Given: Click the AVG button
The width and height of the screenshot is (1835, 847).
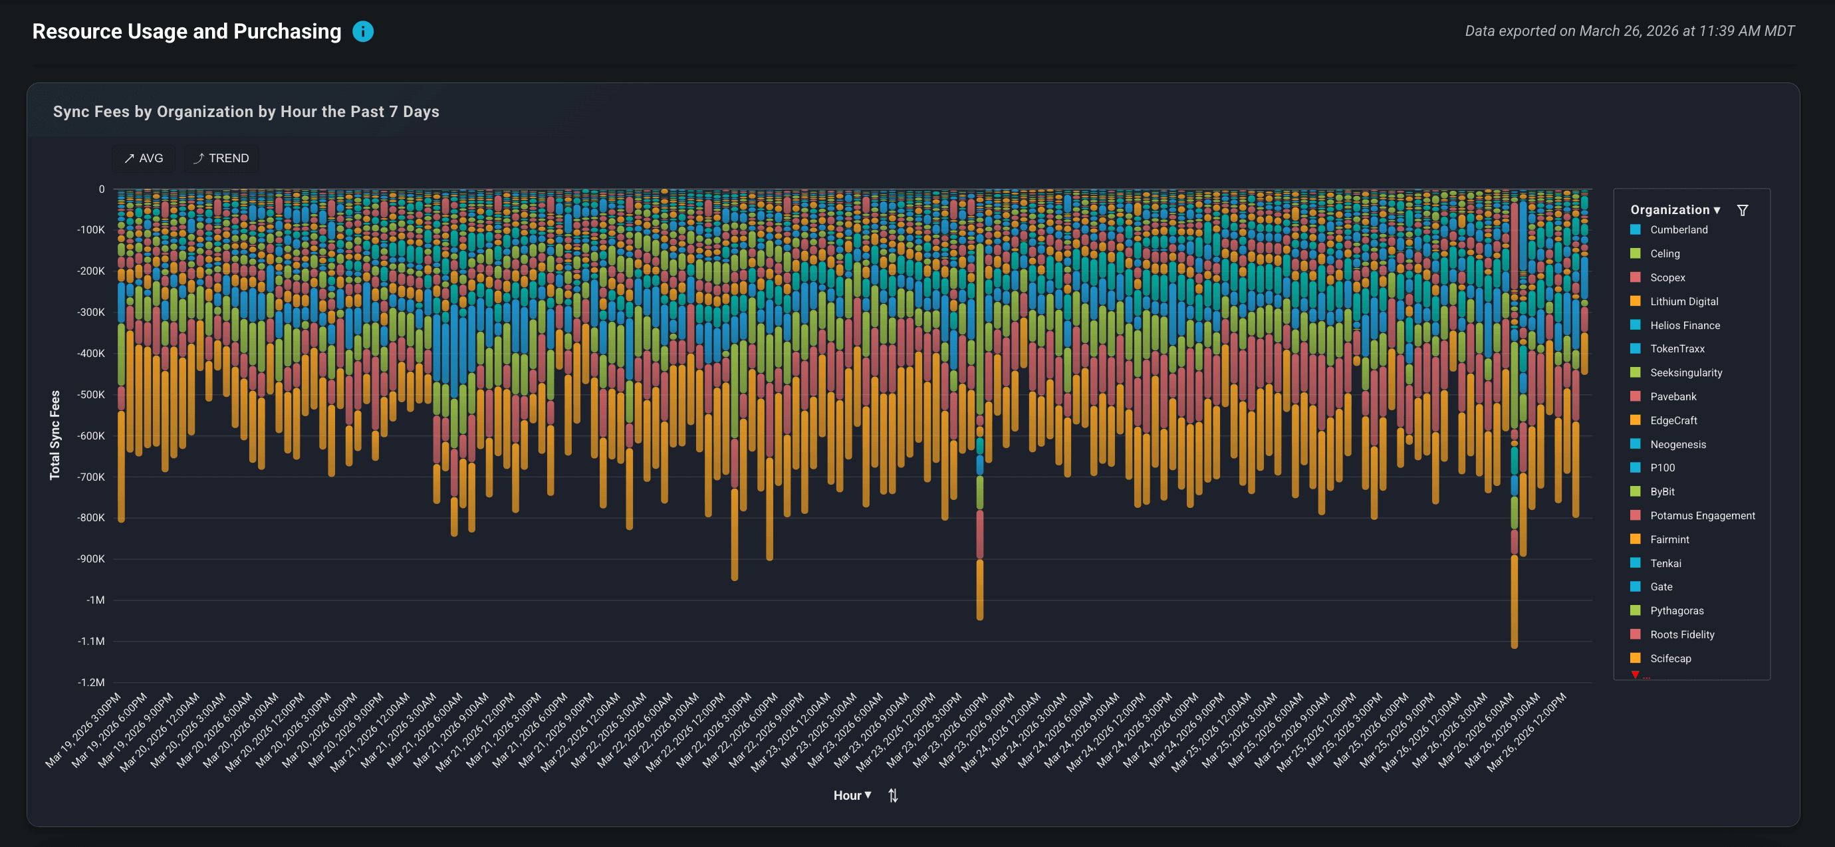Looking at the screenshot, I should (x=143, y=158).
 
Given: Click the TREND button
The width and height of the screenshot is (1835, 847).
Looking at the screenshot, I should (x=221, y=158).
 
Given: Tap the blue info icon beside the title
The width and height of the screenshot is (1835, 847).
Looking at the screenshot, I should (x=362, y=31).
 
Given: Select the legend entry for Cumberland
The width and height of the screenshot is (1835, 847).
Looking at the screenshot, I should (x=1678, y=229).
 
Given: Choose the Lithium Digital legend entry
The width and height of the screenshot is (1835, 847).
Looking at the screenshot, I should (x=1683, y=301).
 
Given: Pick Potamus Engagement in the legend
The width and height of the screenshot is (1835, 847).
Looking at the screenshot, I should (x=1702, y=515).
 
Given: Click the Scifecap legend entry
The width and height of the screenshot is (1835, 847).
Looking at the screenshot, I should (x=1669, y=658).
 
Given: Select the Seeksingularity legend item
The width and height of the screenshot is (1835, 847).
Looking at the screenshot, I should (x=1685, y=372).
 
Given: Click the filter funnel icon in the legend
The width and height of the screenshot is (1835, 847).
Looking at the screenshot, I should (x=1743, y=210).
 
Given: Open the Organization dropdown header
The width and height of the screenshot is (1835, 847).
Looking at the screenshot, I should (x=1675, y=209).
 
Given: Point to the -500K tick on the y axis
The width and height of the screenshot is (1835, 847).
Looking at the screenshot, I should (x=90, y=395).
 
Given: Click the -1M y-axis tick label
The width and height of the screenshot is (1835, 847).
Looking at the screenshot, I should (x=96, y=600).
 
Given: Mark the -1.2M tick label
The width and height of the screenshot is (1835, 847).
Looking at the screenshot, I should (x=91, y=682).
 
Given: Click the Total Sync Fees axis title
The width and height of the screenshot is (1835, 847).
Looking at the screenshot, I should (x=55, y=435).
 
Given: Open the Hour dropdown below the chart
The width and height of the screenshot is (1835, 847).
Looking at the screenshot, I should (x=852, y=795).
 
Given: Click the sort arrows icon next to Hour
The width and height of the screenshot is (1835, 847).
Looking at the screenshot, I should (x=892, y=796).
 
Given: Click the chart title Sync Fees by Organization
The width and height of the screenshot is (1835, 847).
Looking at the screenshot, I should (x=246, y=112).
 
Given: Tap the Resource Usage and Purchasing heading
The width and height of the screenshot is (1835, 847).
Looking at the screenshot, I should (x=187, y=31).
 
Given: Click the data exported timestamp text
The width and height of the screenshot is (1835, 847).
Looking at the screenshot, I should (x=1629, y=31).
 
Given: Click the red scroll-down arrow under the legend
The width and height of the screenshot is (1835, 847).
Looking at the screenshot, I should (x=1636, y=674).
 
